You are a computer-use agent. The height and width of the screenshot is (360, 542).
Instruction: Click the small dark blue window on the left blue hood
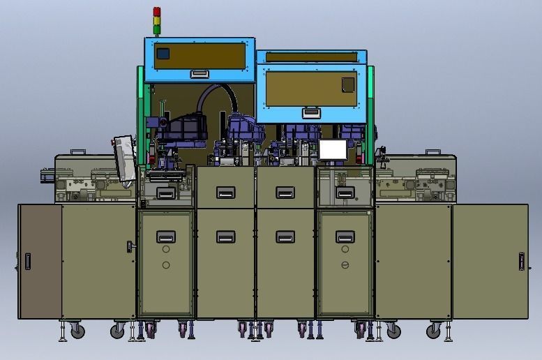click(x=163, y=53)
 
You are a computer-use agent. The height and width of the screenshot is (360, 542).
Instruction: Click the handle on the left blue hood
click(x=200, y=73)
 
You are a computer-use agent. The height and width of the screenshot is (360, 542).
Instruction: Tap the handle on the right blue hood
click(x=310, y=112)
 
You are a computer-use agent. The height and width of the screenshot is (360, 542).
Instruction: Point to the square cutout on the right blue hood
click(x=347, y=84)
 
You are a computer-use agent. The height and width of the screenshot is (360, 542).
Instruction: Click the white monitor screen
click(x=333, y=149)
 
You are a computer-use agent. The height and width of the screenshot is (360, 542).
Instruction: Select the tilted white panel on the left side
click(x=124, y=158)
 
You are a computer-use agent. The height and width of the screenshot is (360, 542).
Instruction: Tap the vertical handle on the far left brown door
click(x=27, y=262)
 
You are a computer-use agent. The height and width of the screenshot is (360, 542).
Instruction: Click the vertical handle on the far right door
click(x=520, y=262)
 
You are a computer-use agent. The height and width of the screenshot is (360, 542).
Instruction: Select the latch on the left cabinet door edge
click(x=130, y=246)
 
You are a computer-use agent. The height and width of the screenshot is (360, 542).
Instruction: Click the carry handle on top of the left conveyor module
click(x=79, y=151)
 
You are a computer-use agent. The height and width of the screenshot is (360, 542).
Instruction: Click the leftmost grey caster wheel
click(x=77, y=331)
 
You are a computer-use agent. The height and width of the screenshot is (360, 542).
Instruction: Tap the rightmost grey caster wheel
click(x=435, y=331)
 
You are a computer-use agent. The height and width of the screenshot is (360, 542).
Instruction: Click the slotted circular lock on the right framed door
click(x=345, y=265)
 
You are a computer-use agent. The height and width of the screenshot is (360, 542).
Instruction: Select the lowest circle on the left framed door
click(x=166, y=265)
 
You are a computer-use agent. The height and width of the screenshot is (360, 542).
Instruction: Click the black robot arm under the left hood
click(x=183, y=129)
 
